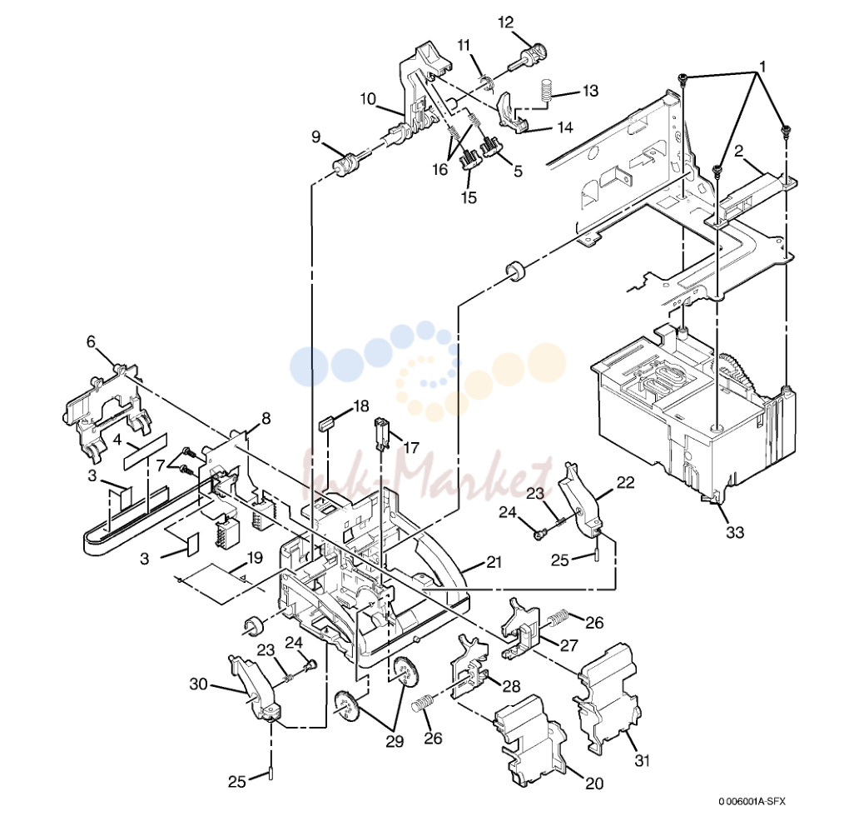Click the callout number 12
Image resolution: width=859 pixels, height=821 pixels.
[505, 22]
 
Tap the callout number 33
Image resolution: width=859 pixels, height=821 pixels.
[735, 531]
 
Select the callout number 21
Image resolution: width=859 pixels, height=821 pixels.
[494, 562]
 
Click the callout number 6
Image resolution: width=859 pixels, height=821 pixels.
[91, 342]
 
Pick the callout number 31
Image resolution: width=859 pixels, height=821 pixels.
[642, 761]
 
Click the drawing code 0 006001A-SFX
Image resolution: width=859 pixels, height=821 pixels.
[752, 801]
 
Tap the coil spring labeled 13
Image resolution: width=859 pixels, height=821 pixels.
[546, 91]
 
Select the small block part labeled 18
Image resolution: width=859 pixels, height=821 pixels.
[326, 424]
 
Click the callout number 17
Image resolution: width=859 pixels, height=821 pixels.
[411, 448]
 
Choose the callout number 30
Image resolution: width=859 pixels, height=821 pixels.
[198, 684]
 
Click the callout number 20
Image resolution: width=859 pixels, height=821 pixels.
[594, 784]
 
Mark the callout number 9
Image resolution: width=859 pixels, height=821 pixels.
[315, 137]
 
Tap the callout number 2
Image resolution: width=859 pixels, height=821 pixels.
[738, 150]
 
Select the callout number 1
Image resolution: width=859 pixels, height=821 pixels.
[762, 67]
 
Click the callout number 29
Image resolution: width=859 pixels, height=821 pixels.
[395, 742]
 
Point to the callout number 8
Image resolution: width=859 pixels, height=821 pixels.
[266, 419]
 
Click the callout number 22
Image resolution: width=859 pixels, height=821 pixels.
[625, 482]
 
